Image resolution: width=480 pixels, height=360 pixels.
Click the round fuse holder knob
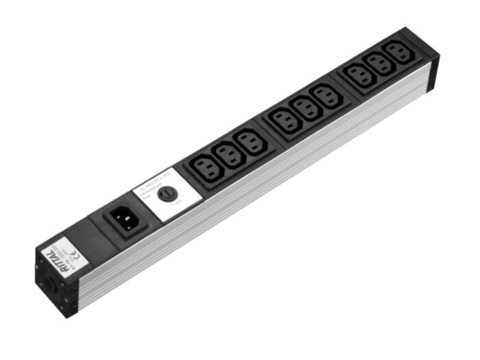click(x=165, y=194)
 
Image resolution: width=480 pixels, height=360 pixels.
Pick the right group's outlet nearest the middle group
click(x=361, y=77)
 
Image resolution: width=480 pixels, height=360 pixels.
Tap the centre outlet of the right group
click(x=380, y=66)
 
